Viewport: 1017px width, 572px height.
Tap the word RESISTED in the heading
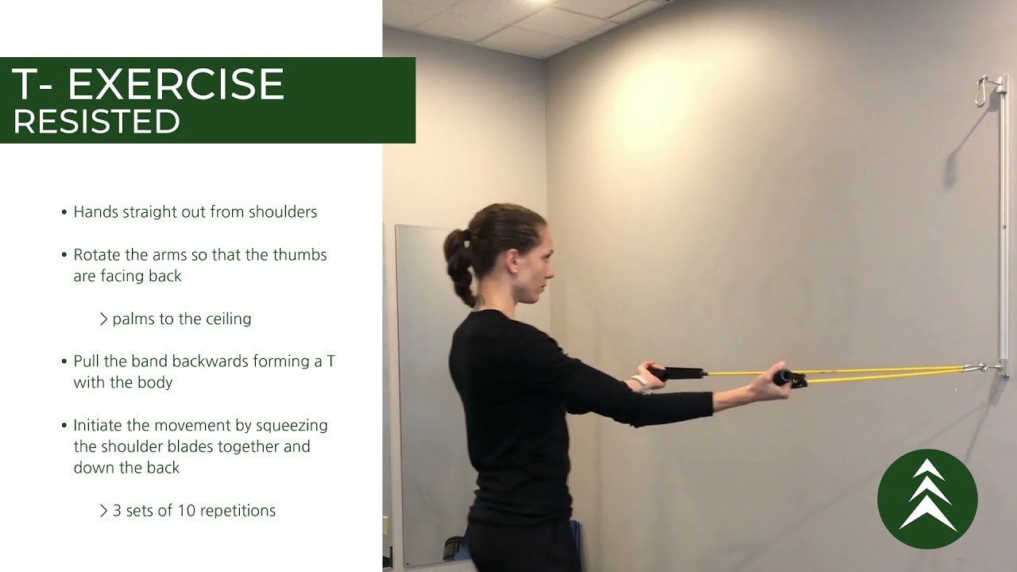96,122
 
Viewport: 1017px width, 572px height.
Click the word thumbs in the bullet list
300,255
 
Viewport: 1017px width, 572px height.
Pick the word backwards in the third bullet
210,361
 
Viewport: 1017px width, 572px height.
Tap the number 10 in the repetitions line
186,510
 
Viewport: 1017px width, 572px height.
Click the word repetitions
238,510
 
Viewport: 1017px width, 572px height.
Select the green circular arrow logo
927,499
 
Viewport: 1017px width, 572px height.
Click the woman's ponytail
459,262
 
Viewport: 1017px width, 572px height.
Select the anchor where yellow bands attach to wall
985,367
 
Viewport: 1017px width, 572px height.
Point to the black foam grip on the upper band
681,373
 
